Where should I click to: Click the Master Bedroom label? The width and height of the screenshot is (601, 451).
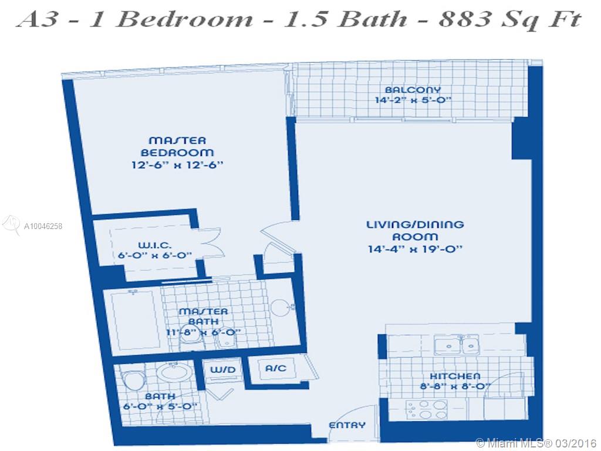[x=177, y=146]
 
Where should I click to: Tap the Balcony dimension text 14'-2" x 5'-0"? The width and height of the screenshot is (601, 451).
[x=413, y=100]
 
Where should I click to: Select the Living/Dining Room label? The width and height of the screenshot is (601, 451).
[x=415, y=230]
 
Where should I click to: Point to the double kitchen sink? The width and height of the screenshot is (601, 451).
[x=456, y=344]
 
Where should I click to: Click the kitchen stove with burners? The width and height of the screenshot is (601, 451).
[x=427, y=409]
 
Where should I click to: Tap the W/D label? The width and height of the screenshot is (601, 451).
[x=222, y=370]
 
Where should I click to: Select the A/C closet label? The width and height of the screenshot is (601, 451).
[x=276, y=368]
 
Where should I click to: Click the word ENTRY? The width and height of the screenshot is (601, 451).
[x=347, y=425]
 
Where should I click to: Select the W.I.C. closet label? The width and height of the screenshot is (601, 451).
[x=154, y=245]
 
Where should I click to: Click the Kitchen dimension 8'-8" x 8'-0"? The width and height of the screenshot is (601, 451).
[x=455, y=386]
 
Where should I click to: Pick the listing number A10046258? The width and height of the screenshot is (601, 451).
[x=43, y=226]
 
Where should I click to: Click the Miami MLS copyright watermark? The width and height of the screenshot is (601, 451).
[x=536, y=443]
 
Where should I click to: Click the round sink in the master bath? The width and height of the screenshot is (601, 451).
[x=281, y=307]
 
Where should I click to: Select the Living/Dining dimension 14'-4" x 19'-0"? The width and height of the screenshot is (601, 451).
[x=415, y=249]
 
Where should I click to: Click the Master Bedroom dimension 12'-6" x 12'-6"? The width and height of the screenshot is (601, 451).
[x=177, y=165]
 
